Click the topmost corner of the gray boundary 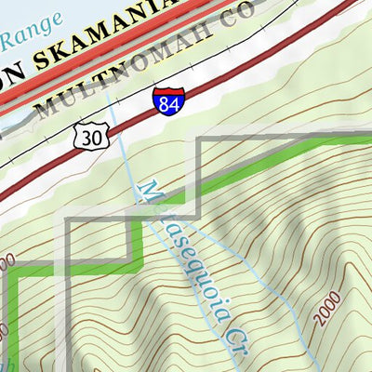pyautogui.click(x=201, y=139)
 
